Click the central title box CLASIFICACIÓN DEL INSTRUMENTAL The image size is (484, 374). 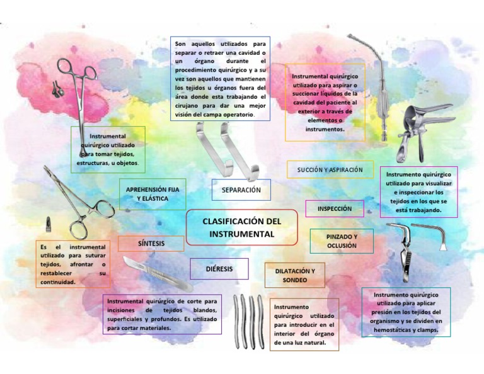coord(241,227)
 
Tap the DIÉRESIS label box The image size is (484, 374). coord(219,269)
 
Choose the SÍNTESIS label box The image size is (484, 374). coord(151,243)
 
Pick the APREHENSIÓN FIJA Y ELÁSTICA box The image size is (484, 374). coord(152,193)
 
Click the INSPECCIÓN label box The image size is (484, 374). coord(335,208)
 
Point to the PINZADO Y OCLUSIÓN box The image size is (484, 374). coord(342,241)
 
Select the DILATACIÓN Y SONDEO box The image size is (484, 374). coord(295,275)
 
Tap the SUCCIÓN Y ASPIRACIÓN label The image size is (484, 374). coord(330,169)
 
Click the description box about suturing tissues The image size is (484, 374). coord(72,264)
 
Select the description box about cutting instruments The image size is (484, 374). coord(162,314)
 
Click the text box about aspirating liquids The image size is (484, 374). coord(325,102)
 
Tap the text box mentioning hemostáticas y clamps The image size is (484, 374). coord(405,312)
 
